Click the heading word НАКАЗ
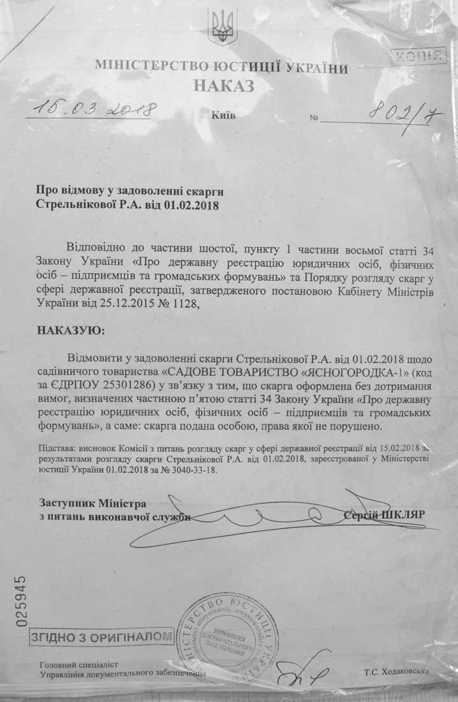click(224, 86)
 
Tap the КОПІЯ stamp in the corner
click(417, 56)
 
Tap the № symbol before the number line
click(314, 119)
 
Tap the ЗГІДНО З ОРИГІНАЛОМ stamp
click(101, 636)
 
